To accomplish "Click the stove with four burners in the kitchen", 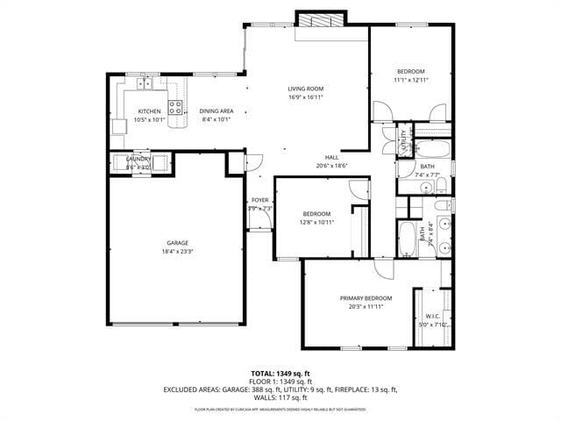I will [176, 108].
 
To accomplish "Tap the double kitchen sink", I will [145, 84].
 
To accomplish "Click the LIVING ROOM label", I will [306, 89].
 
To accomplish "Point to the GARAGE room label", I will [178, 243].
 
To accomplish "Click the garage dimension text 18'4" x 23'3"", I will [178, 252].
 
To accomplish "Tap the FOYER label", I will [260, 201].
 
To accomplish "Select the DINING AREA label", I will [216, 111].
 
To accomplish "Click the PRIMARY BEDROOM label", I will [366, 298].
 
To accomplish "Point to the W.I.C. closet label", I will [432, 316].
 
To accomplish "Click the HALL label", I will [332, 157].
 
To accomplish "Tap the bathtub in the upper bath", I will [430, 147].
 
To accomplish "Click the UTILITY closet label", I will [404, 142].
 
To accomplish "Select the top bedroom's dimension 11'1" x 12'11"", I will [410, 80].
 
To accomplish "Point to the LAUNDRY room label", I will [139, 159].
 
